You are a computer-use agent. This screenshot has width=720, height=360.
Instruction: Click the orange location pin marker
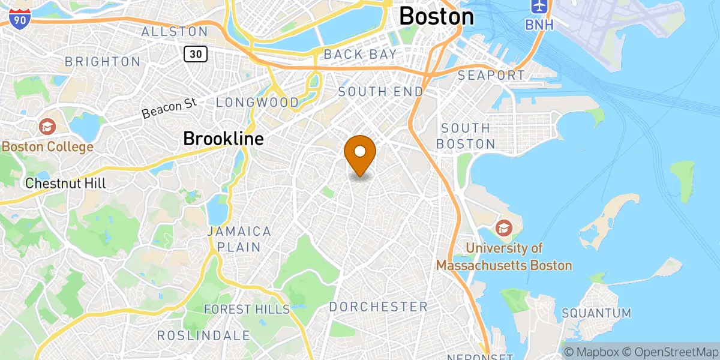pyautogui.click(x=360, y=153)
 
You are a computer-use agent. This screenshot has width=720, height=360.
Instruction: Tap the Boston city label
pyautogui.click(x=436, y=16)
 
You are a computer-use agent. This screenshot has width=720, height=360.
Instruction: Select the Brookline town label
pyautogui.click(x=223, y=139)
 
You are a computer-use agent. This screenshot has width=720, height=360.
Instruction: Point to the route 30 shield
pyautogui.click(x=196, y=54)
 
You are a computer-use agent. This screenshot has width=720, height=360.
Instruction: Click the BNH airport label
pyautogui.click(x=539, y=25)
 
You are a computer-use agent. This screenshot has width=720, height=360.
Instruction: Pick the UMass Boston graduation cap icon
pyautogui.click(x=503, y=228)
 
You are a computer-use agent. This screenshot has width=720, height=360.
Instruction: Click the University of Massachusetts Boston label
pyautogui.click(x=504, y=257)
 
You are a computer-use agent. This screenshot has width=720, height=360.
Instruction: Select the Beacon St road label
pyautogui.click(x=170, y=108)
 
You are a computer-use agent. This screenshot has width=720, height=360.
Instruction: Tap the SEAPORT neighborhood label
pyautogui.click(x=491, y=76)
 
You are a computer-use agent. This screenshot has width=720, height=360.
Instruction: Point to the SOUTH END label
pyautogui.click(x=380, y=92)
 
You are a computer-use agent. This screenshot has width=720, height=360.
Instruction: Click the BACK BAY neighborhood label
pyautogui.click(x=360, y=54)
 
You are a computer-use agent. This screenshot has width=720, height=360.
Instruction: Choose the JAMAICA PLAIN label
pyautogui.click(x=239, y=239)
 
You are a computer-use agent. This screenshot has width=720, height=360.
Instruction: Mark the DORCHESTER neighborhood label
pyautogui.click(x=378, y=307)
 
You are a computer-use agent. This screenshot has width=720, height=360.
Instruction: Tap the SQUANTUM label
pyautogui.click(x=596, y=313)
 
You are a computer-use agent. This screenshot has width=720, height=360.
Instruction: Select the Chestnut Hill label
pyautogui.click(x=65, y=184)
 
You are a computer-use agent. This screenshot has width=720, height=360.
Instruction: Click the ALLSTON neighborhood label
pyautogui.click(x=175, y=31)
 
